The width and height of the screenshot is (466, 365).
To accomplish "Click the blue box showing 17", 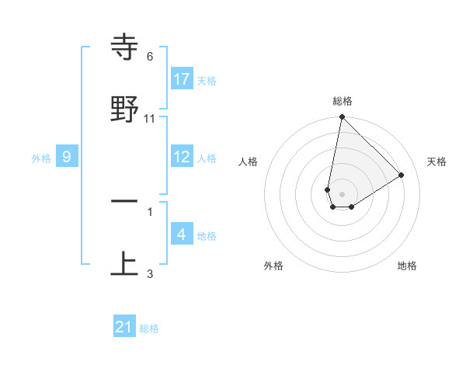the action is point(182,79).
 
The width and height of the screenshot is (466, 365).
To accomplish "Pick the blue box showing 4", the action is point(182,235).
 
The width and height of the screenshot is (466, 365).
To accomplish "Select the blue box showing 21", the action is point(124,327).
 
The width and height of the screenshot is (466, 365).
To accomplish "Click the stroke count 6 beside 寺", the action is point(150,57).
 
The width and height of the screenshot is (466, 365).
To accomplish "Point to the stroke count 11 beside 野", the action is point(150,118).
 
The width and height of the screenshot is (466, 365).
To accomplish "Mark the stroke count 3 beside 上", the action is point(150,273).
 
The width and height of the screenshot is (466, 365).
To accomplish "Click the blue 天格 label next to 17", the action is point(207,80).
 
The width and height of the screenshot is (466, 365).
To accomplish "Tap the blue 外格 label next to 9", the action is point(41,158).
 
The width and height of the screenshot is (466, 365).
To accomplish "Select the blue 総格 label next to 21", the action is point(149,328).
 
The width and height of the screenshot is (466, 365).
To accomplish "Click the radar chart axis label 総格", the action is point(343,101).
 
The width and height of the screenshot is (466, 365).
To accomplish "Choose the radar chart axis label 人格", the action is point(249,162).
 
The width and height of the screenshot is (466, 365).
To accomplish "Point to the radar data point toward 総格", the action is point(342,117).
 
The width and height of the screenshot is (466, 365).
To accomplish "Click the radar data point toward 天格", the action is point(402,175).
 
